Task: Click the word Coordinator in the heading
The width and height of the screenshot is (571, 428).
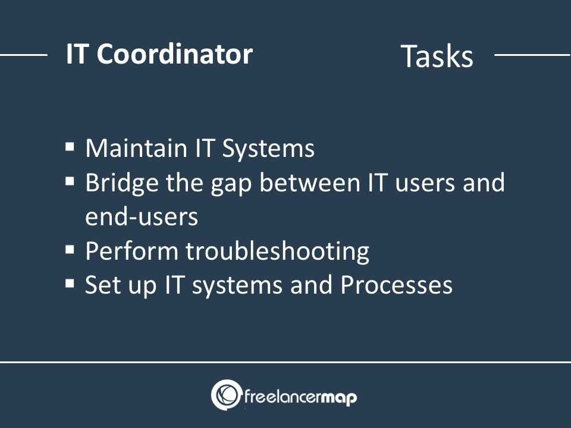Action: (x=174, y=54)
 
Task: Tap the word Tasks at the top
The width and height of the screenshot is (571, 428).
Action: (x=437, y=56)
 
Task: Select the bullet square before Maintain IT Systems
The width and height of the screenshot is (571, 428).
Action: (x=70, y=147)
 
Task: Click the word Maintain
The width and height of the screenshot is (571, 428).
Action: (x=136, y=148)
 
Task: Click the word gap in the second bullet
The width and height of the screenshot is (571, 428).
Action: (x=231, y=185)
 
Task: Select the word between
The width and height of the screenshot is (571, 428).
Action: (x=309, y=182)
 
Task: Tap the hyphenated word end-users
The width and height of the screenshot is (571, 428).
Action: (x=142, y=216)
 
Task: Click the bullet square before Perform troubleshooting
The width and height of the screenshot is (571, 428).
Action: (x=70, y=250)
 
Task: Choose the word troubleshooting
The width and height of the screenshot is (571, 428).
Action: (x=278, y=252)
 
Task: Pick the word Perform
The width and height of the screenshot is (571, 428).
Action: (x=132, y=251)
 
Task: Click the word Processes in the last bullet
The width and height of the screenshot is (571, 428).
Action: (x=396, y=285)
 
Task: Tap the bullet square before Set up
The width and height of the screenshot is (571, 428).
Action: (x=70, y=284)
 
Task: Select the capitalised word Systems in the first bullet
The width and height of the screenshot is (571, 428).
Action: (x=268, y=149)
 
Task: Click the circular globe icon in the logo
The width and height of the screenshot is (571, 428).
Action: (x=226, y=395)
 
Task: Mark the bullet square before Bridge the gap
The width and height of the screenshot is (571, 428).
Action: (x=70, y=181)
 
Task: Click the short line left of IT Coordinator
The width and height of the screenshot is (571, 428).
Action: (x=24, y=55)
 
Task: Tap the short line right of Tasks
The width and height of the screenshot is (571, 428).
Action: (x=532, y=55)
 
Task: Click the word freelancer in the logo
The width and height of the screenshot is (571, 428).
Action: (x=283, y=396)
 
